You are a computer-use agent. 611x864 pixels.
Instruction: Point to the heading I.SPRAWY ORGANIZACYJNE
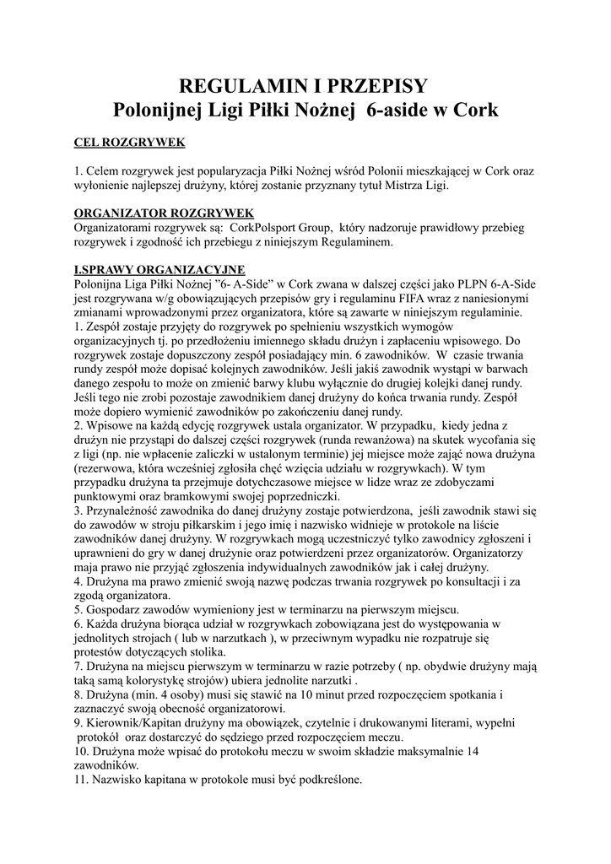[160, 269]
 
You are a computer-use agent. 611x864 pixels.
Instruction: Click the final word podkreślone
[325, 781]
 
